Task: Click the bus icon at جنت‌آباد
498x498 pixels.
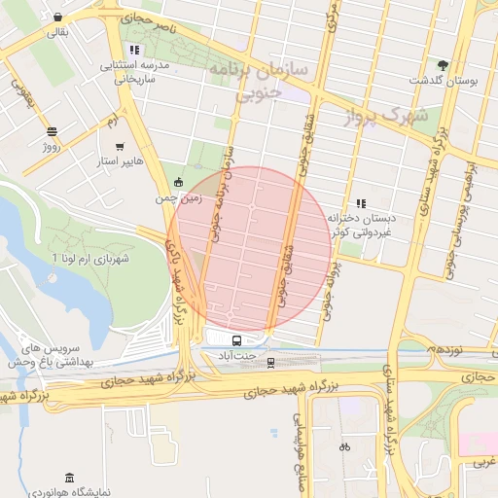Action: coord(236,340)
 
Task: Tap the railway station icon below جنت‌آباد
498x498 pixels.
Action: coord(271,362)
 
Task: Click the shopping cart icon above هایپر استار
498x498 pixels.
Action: coord(120,146)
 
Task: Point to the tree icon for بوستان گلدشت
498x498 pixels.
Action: coord(444,63)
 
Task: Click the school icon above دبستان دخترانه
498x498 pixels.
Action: coord(361,203)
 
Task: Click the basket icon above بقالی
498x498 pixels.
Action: coord(58,18)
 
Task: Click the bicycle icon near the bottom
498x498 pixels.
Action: coord(342,447)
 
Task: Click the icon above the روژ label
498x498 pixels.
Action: coord(51,131)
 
